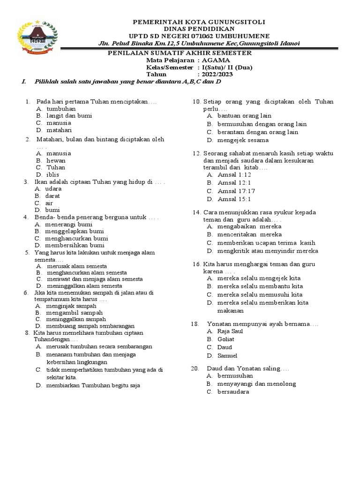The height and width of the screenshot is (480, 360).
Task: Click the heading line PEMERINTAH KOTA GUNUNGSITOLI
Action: pyautogui.click(x=199, y=22)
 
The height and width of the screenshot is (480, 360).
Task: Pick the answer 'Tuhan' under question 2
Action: pyautogui.click(x=56, y=167)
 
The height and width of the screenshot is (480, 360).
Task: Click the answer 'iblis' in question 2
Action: pyautogui.click(x=52, y=174)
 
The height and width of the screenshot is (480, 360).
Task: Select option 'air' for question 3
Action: pyautogui.click(x=49, y=203)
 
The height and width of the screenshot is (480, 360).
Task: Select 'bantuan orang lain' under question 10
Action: pyautogui.click(x=244, y=115)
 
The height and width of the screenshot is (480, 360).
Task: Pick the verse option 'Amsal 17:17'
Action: pyautogui.click(x=236, y=191)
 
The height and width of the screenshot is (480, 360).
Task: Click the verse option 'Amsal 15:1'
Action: pyautogui.click(x=234, y=199)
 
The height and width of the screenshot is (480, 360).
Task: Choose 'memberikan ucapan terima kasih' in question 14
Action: pyautogui.click(x=266, y=243)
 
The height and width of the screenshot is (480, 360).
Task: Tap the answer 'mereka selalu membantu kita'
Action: pyautogui.click(x=260, y=286)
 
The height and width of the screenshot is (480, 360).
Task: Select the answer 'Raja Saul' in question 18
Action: pyautogui.click(x=230, y=331)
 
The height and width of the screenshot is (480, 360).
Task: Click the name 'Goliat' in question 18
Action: pyautogui.click(x=225, y=339)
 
